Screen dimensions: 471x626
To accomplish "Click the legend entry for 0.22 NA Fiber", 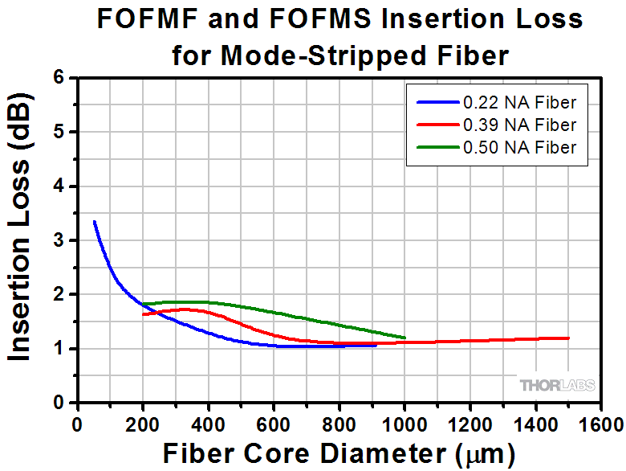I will click(x=518, y=102).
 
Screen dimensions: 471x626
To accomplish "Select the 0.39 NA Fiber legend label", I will click(x=518, y=125).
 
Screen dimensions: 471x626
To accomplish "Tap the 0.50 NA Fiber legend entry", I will click(x=518, y=147).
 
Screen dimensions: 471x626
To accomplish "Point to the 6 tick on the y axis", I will click(x=59, y=78).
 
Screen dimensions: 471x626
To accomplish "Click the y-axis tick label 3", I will click(x=59, y=240).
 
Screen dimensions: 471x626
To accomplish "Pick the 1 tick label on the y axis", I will click(x=59, y=349).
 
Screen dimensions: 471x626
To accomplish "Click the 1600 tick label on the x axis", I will click(x=601, y=424).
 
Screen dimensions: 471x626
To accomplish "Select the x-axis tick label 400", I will click(x=209, y=424).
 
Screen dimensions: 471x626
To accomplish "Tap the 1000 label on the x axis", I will click(x=404, y=424).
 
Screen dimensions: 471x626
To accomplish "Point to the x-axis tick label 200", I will click(x=143, y=424).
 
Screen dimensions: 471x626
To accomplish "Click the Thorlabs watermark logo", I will click(x=557, y=385).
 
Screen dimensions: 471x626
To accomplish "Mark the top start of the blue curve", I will click(x=95, y=221).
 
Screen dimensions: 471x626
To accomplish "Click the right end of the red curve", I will click(x=568, y=338).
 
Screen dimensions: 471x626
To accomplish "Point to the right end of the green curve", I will click(x=404, y=338).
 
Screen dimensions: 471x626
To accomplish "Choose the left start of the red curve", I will click(x=144, y=314).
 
